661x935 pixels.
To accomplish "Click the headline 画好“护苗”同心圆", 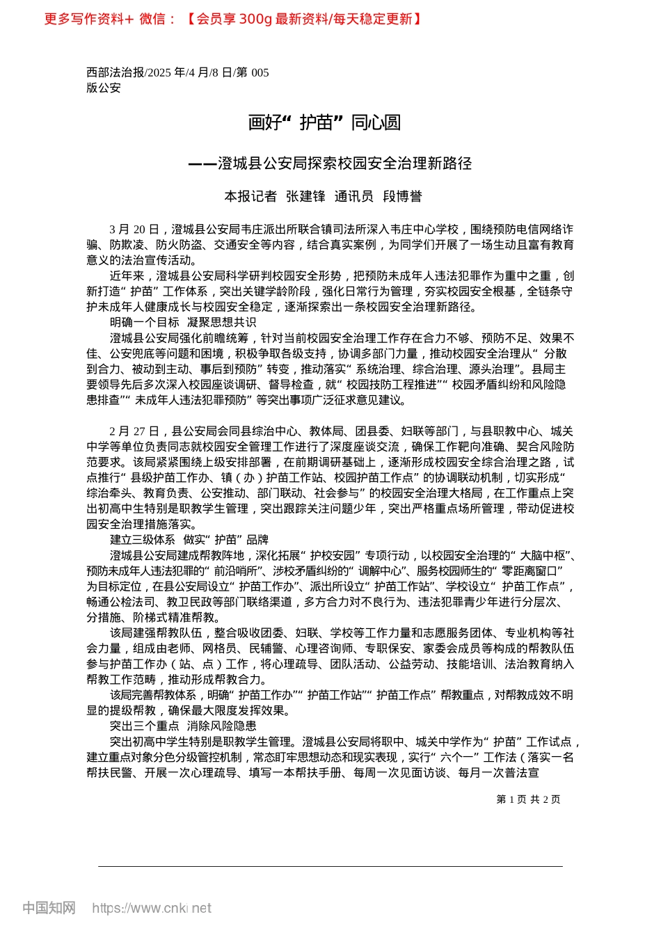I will coord(324,123).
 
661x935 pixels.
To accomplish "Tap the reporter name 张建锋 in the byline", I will coord(305,197).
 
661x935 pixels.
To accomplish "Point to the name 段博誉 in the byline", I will coord(402,197).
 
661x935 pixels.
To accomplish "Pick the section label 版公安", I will coord(104,88).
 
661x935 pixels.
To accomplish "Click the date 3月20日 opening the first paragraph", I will coord(134,230).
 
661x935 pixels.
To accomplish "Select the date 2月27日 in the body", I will coord(134,431).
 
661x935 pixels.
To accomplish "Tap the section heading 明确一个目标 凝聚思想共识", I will coord(183,322).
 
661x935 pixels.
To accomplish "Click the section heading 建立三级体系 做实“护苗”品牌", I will coord(189,540).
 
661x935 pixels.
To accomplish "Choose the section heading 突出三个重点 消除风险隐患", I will coord(183,726).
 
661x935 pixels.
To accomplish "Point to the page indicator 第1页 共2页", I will coord(528,799).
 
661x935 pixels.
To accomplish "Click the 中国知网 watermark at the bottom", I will coord(49,908).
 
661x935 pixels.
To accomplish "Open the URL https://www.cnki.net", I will coord(152,908).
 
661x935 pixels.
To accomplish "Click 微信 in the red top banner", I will coord(152,19).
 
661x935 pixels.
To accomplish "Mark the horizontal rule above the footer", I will coord(330,866).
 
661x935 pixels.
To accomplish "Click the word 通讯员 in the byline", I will coord(353,197).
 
